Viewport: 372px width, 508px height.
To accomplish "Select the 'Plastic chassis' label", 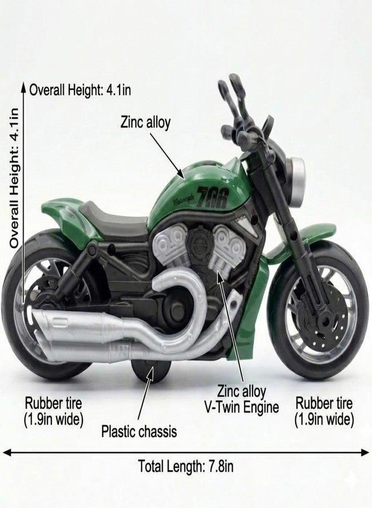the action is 139,432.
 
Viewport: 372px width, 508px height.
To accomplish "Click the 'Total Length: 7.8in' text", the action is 186,467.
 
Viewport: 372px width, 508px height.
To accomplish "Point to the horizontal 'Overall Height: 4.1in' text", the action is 80,90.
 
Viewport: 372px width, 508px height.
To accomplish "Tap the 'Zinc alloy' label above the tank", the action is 145,123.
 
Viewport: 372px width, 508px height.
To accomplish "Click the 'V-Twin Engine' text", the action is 241,407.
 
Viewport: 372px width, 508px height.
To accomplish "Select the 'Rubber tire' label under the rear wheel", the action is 54,404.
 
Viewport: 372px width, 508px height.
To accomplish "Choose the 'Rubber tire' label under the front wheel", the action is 324,404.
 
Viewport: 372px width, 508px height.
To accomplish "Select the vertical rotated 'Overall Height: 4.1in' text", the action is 14,178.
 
